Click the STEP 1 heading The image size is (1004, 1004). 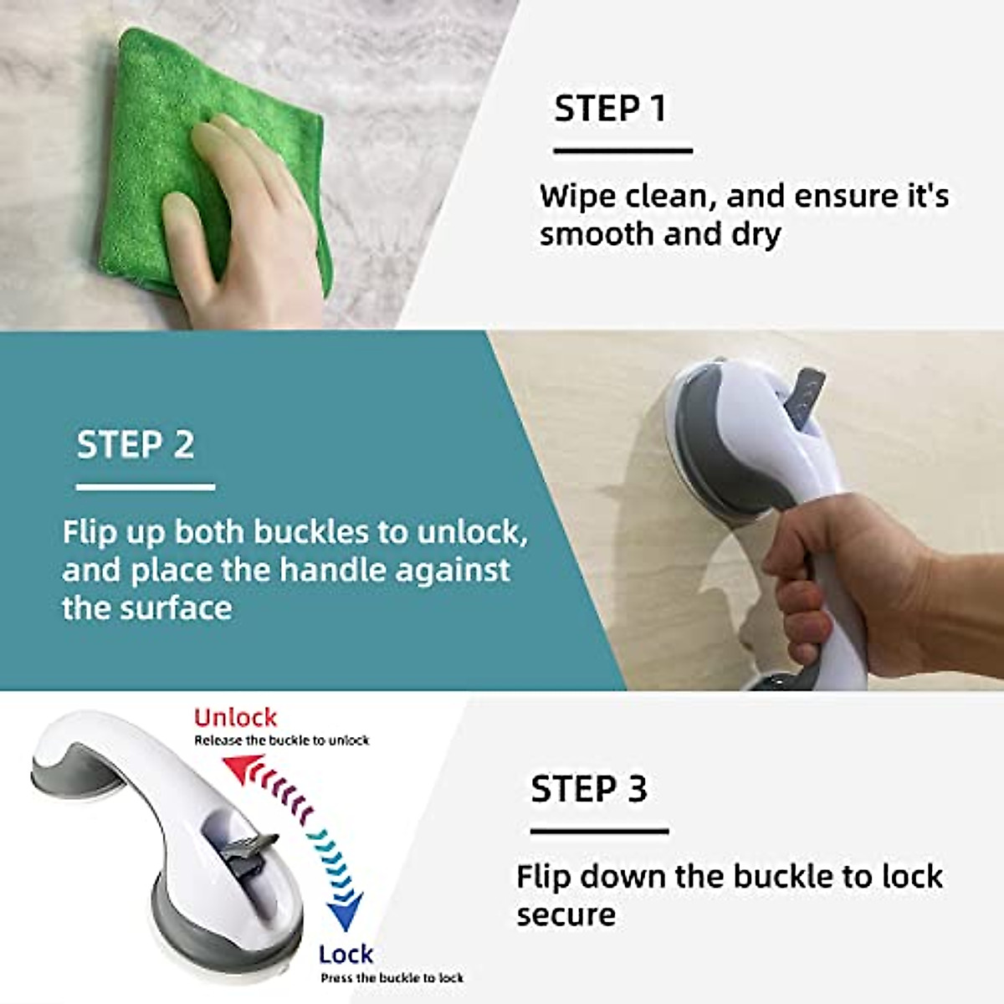(610, 109)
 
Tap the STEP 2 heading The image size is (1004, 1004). (136, 444)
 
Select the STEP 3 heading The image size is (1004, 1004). (589, 789)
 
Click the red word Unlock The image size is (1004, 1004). (235, 717)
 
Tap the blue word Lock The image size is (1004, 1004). (346, 954)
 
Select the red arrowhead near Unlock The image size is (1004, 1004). (239, 766)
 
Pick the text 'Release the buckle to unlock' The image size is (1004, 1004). (282, 740)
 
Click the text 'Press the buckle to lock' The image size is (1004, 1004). (392, 977)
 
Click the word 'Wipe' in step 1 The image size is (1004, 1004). (577, 197)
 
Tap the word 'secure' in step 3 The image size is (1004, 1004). (566, 914)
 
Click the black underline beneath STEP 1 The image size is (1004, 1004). (622, 151)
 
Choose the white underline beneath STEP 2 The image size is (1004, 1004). (146, 487)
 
